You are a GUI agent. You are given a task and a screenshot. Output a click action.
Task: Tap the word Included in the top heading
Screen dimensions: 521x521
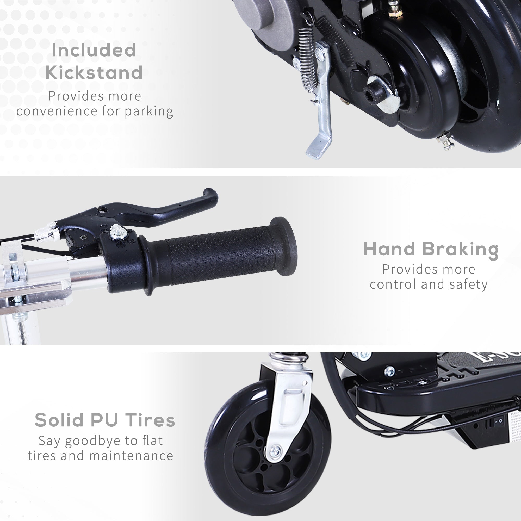[x=94, y=50]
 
